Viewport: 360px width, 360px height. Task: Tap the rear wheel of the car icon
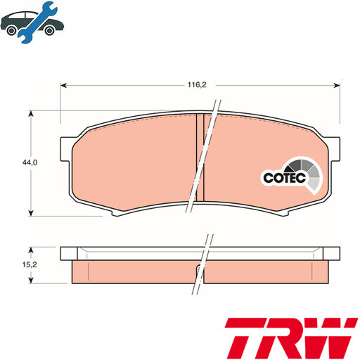(x=11, y=28)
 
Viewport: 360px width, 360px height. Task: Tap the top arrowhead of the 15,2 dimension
(x=32, y=249)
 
